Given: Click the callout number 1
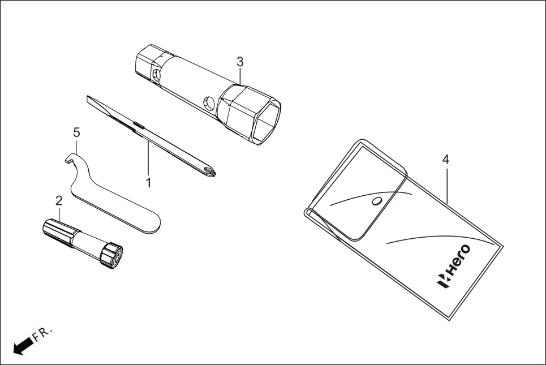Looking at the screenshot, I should [x=148, y=183].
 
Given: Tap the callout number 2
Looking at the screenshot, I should [x=58, y=200].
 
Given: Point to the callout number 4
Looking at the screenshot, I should [x=446, y=160].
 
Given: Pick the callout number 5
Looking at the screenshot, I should [x=76, y=132].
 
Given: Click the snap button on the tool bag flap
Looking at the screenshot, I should [x=376, y=201].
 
